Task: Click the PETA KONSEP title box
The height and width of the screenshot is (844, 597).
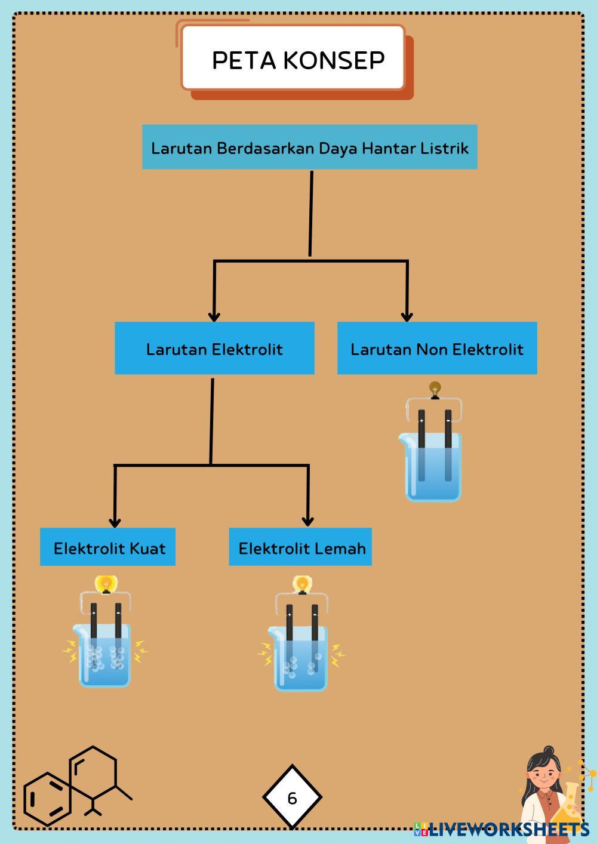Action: [293, 58]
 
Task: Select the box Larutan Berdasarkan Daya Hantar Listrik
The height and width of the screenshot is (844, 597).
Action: [310, 147]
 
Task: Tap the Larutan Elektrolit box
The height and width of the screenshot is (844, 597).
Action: [214, 348]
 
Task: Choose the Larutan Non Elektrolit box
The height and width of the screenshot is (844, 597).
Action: [437, 348]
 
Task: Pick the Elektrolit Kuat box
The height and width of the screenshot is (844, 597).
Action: [108, 547]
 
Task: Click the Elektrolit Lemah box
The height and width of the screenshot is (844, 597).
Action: [300, 547]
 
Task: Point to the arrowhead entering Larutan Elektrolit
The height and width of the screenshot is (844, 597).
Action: [214, 316]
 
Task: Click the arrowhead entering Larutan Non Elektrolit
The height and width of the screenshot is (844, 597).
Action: [407, 316]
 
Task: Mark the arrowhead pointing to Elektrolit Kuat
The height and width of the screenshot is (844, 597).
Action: [115, 522]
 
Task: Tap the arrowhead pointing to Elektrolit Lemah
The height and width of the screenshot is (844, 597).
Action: [308, 521]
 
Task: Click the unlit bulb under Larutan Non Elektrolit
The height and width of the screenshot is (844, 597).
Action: [435, 390]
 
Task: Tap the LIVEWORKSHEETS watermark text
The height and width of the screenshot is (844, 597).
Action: [509, 830]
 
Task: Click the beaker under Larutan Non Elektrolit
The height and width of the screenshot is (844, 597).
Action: [430, 467]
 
